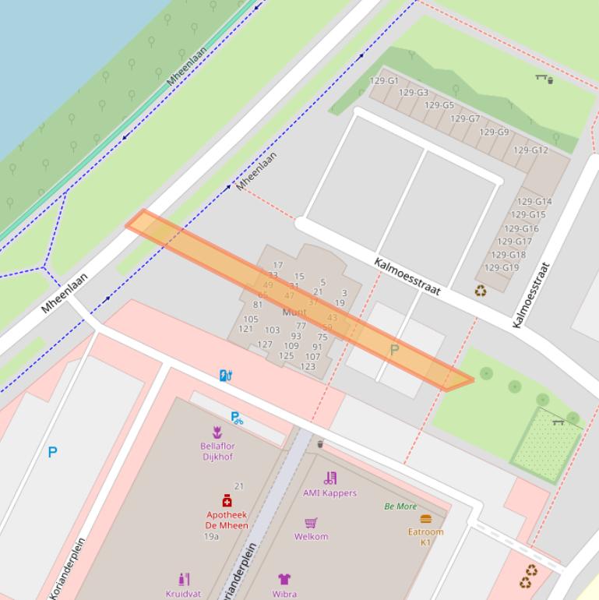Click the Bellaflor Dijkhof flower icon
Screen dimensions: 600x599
217,432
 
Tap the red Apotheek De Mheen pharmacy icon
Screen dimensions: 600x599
227,500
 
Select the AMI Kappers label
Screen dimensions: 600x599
330,492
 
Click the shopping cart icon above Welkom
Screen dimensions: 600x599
311,522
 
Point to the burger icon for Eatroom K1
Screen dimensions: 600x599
425,518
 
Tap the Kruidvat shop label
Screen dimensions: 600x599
183,593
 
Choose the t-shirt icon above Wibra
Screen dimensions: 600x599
284,579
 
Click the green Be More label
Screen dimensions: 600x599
400,506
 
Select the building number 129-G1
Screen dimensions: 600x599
384,81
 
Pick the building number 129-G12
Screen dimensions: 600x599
530,150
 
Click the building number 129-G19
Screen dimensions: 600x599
502,267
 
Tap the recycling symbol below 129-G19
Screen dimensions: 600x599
481,291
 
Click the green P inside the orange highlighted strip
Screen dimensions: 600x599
394,351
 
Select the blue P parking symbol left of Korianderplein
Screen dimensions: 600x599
52,452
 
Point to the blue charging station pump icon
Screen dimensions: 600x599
225,376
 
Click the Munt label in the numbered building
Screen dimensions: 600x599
294,312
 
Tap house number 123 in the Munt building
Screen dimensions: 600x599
308,366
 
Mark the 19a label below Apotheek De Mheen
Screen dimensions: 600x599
211,537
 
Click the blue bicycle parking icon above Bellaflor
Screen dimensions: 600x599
237,418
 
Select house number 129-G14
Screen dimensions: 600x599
534,202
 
